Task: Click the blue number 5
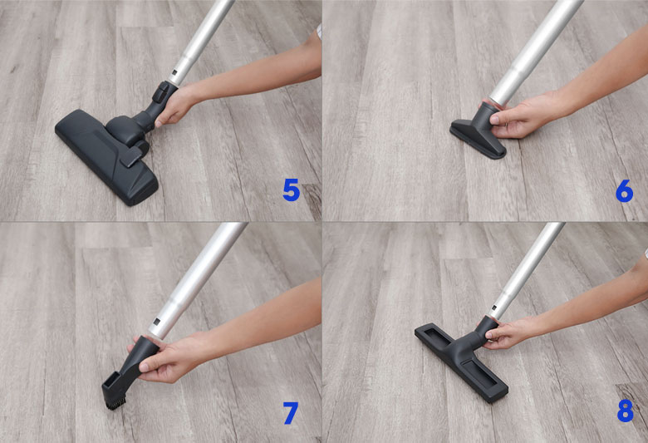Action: point(291,190)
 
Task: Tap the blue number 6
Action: point(624,190)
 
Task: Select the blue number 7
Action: point(291,412)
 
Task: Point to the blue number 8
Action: point(625,411)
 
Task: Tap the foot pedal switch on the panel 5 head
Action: point(131,157)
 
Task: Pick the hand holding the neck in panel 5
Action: point(175,106)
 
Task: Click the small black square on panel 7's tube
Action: point(156,322)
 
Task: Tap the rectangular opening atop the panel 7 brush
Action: point(110,380)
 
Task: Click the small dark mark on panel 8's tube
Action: point(493,308)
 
